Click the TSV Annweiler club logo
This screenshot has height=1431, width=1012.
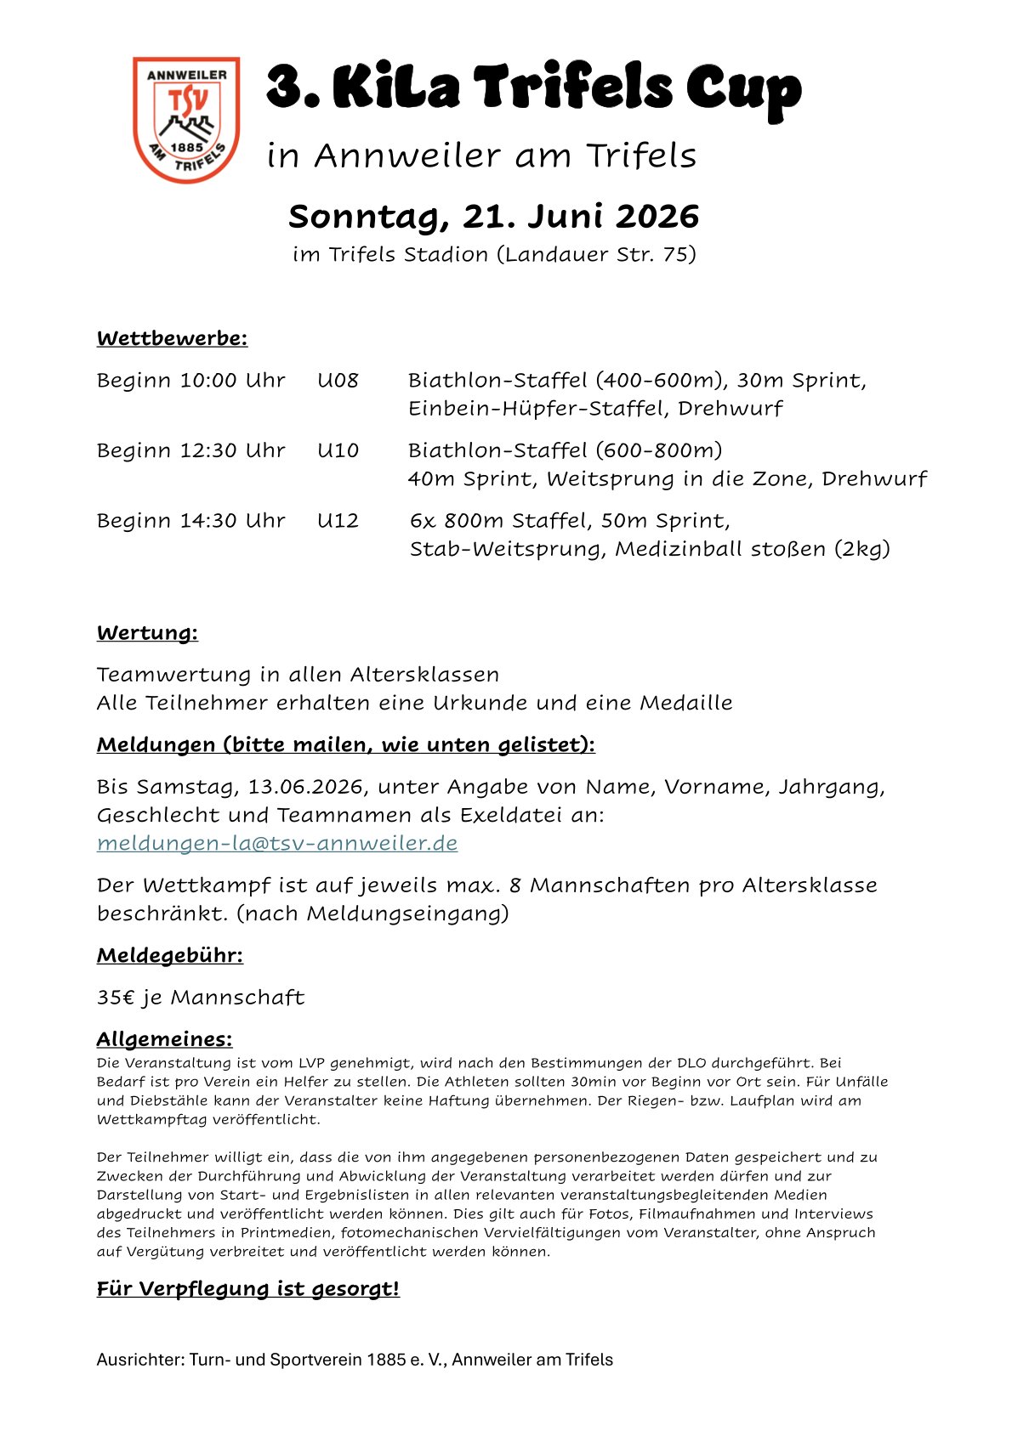tap(186, 119)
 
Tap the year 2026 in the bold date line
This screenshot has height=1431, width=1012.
tap(657, 217)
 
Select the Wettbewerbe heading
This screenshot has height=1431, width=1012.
tap(172, 338)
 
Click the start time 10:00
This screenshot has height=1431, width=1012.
tap(208, 380)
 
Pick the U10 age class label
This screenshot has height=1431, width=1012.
tap(338, 450)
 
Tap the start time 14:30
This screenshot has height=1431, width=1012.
tap(208, 520)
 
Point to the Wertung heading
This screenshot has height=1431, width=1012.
tap(147, 633)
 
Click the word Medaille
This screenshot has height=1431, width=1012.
tap(685, 703)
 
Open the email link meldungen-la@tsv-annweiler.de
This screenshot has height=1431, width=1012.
tap(277, 843)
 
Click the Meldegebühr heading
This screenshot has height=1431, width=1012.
tap(169, 955)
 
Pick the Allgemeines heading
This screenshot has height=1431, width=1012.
tap(164, 1039)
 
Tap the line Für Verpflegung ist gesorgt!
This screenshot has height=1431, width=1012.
tap(247, 1289)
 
